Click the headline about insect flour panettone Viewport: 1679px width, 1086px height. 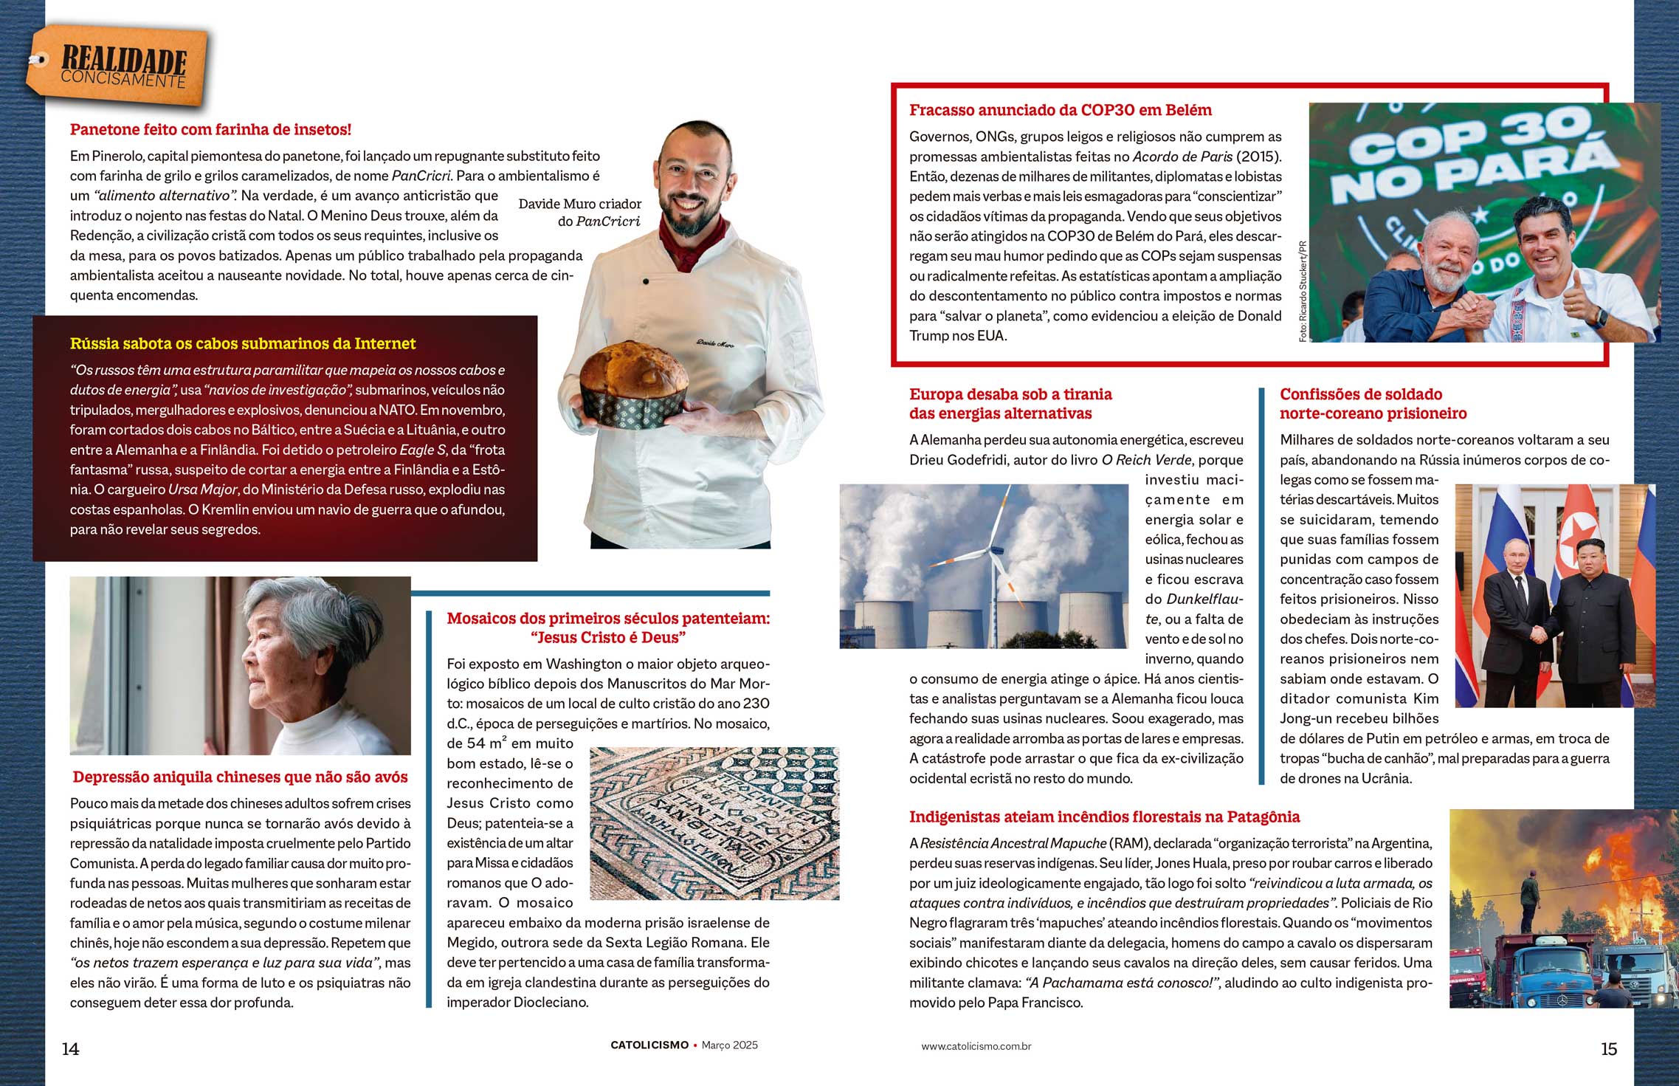click(x=210, y=130)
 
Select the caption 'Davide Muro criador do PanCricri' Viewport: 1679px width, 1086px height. click(x=580, y=213)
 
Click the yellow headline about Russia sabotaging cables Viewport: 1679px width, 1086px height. click(x=243, y=343)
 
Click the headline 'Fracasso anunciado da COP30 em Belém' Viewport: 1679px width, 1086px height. click(x=1060, y=111)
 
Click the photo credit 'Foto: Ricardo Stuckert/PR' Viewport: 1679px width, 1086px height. click(x=1303, y=291)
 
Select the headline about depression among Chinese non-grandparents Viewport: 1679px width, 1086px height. click(x=240, y=777)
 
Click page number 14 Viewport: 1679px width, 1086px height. click(x=70, y=1049)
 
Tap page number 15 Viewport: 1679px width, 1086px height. click(x=1609, y=1049)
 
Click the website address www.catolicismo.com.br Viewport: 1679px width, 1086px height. click(x=976, y=1046)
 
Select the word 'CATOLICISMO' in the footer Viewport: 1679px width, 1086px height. click(x=649, y=1045)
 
